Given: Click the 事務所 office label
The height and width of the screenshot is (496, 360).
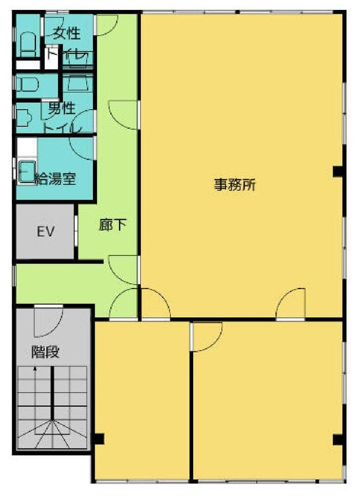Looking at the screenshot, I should click(x=235, y=185).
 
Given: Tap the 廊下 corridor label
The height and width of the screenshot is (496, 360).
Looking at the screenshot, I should click(x=113, y=226).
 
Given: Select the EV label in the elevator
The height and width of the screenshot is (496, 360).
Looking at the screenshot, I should click(x=45, y=232).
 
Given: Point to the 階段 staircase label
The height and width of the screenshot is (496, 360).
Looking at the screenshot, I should click(x=45, y=352).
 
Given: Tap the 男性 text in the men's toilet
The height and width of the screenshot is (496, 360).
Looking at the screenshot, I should click(x=62, y=108).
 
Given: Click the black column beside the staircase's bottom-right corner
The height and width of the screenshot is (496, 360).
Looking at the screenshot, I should click(x=98, y=438).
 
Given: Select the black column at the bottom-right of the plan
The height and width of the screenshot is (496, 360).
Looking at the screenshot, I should click(x=338, y=440).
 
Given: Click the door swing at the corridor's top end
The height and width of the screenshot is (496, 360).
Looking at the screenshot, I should click(x=105, y=24).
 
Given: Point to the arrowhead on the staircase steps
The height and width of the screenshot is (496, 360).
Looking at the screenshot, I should click(x=36, y=369).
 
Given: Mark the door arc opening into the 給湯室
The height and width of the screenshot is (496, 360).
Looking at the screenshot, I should click(x=82, y=147).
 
